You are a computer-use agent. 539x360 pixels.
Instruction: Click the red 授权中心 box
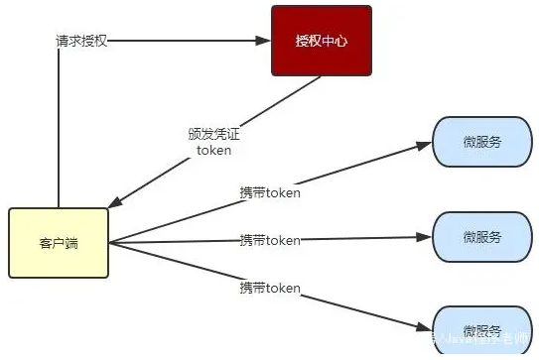pos(321,41)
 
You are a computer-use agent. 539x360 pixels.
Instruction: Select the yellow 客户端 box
pos(58,243)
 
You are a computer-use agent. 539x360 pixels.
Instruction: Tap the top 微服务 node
pos(481,141)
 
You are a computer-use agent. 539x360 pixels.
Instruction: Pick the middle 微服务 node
pos(481,237)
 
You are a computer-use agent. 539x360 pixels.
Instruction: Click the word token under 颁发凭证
pos(213,151)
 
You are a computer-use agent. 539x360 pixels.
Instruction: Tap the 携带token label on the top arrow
pos(269,191)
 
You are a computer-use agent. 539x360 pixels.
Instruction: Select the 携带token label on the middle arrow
pos(269,240)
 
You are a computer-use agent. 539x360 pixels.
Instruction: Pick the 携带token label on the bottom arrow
pos(269,288)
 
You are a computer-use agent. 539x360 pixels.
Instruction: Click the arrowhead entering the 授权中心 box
pos(264,41)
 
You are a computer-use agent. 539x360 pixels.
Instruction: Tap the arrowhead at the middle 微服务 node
pos(425,237)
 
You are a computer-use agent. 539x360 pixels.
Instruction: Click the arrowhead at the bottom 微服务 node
pos(425,324)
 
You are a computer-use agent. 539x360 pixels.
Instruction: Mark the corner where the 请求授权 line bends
pos(59,41)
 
